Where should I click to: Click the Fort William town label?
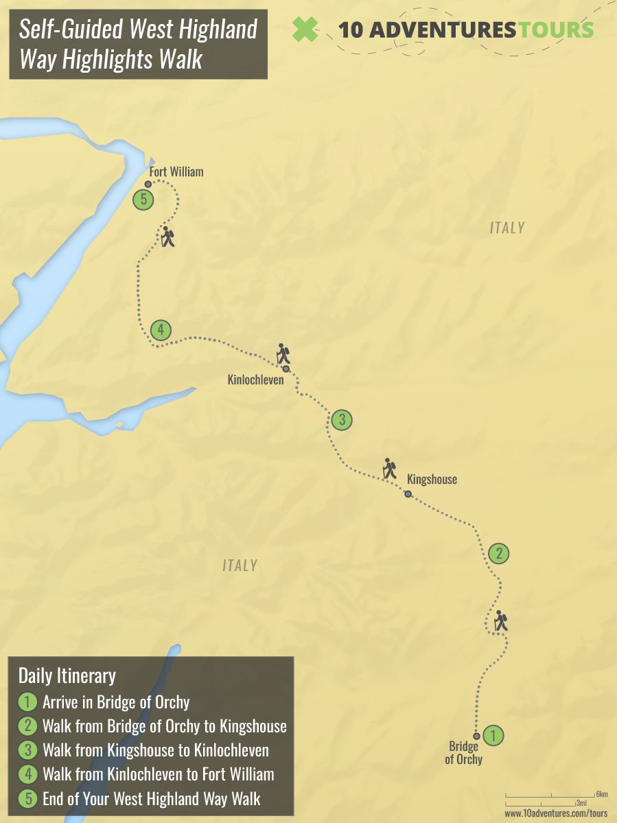click(x=176, y=172)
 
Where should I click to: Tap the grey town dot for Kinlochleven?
click(x=286, y=369)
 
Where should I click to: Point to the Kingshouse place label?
click(x=432, y=479)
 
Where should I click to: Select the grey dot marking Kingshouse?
click(x=408, y=494)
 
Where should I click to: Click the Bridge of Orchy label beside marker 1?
click(x=463, y=753)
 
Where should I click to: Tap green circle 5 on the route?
click(x=143, y=200)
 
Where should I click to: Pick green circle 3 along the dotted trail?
click(x=342, y=419)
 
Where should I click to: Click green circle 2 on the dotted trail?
click(x=499, y=553)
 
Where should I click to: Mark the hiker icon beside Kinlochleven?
click(x=283, y=353)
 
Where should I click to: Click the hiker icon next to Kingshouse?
click(x=390, y=468)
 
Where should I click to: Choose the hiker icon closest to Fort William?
click(x=167, y=237)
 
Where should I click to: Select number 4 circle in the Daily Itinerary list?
click(x=27, y=774)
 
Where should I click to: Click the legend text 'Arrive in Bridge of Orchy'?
click(x=116, y=702)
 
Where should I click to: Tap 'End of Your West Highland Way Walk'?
click(x=151, y=798)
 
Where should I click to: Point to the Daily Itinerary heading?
click(x=67, y=675)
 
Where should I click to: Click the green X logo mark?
click(x=306, y=29)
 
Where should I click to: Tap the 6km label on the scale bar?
click(x=602, y=794)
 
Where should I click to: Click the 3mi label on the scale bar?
click(x=581, y=803)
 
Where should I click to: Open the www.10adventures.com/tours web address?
click(x=556, y=813)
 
